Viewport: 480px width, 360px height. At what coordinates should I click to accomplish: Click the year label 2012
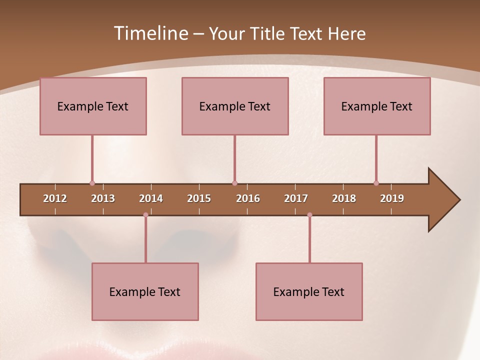pyautogui.click(x=55, y=198)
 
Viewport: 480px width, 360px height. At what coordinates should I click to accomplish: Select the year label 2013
pyautogui.click(x=103, y=198)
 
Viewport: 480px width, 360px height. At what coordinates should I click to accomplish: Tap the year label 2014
pyautogui.click(x=151, y=198)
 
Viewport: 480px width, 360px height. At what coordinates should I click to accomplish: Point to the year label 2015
pyautogui.click(x=199, y=198)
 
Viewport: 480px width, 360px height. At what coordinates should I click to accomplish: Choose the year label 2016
pyautogui.click(x=248, y=198)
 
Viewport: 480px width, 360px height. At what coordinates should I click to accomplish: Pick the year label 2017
pyautogui.click(x=296, y=198)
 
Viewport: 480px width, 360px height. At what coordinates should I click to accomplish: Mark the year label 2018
pyautogui.click(x=344, y=198)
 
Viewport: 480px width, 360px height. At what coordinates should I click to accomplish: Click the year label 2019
pyautogui.click(x=392, y=198)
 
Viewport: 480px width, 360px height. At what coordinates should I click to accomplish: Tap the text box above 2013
pyautogui.click(x=93, y=106)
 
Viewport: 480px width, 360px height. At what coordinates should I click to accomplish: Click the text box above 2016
pyautogui.click(x=235, y=106)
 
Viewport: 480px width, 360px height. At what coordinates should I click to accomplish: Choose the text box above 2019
pyautogui.click(x=377, y=106)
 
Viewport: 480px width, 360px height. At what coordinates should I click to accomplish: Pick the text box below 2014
pyautogui.click(x=145, y=291)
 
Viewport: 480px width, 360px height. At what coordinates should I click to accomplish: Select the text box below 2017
pyautogui.click(x=309, y=291)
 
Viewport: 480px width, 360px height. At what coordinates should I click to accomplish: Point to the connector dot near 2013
pyautogui.click(x=92, y=183)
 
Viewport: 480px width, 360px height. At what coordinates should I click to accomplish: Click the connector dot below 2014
pyautogui.click(x=145, y=215)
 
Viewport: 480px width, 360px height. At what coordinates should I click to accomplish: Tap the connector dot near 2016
pyautogui.click(x=234, y=183)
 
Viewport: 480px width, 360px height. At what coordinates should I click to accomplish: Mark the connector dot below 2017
pyautogui.click(x=309, y=215)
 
